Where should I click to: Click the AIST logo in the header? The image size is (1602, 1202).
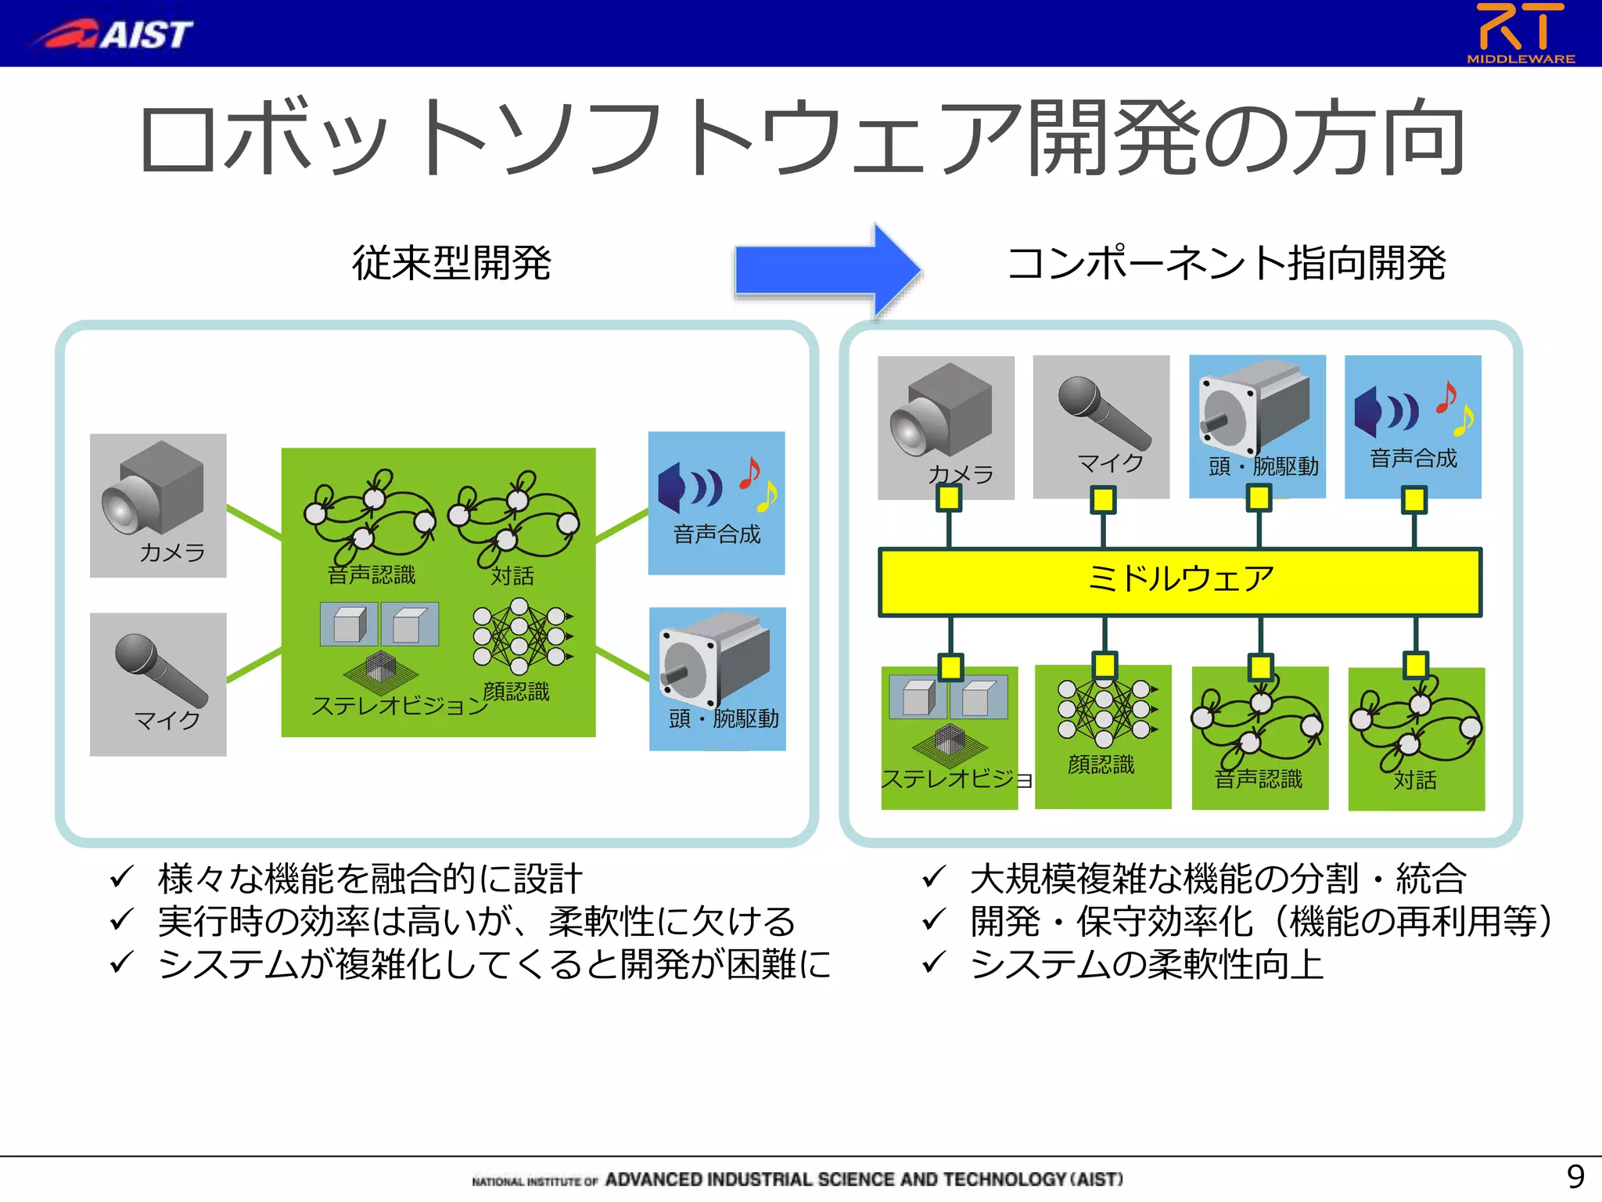(x=113, y=34)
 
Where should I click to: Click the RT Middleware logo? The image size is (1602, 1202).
(x=1521, y=33)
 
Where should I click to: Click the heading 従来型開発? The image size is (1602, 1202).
(x=451, y=262)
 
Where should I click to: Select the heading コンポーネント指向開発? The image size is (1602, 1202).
(x=1227, y=262)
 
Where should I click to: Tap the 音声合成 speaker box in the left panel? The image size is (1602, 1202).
(x=716, y=502)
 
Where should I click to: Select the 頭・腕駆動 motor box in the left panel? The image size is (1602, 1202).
(x=717, y=678)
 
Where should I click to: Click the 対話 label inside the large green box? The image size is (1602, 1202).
(x=512, y=576)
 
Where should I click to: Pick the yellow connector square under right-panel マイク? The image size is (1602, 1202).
(x=1103, y=499)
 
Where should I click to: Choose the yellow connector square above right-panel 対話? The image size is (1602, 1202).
(x=1415, y=665)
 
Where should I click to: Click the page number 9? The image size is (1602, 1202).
(x=1575, y=1176)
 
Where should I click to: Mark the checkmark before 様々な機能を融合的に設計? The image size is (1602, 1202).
(x=122, y=876)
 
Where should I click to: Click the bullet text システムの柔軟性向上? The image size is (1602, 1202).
(x=1146, y=964)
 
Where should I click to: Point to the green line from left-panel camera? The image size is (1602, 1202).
(x=253, y=523)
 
